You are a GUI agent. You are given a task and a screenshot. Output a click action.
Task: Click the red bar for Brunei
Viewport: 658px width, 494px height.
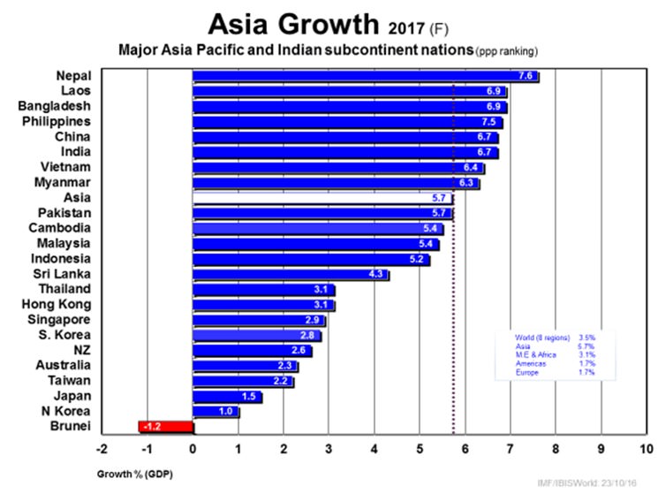pyautogui.click(x=166, y=427)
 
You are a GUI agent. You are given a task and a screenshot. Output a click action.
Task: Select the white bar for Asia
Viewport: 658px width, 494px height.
pyautogui.click(x=322, y=198)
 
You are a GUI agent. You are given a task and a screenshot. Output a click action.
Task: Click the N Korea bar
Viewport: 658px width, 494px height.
pyautogui.click(x=216, y=411)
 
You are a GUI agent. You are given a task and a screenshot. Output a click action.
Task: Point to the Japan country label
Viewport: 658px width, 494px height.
pyautogui.click(x=72, y=396)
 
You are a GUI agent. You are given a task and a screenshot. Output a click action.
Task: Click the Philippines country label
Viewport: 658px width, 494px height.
pyautogui.click(x=56, y=121)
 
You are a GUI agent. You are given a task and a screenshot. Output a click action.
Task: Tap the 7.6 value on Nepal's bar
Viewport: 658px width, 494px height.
pyautogui.click(x=527, y=76)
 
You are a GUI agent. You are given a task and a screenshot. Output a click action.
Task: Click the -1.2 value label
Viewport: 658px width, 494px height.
pyautogui.click(x=153, y=427)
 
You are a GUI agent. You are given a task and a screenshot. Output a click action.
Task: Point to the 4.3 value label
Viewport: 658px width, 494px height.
pyautogui.click(x=376, y=275)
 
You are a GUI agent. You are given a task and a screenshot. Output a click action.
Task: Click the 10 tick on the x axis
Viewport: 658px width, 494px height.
pyautogui.click(x=647, y=448)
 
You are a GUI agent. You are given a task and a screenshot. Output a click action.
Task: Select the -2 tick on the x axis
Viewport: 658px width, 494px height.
pyautogui.click(x=102, y=448)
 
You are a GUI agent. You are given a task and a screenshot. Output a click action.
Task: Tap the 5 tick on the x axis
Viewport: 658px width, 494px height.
pyautogui.click(x=420, y=448)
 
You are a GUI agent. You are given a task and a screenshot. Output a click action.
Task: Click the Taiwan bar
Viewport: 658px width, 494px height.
pyautogui.click(x=243, y=381)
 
